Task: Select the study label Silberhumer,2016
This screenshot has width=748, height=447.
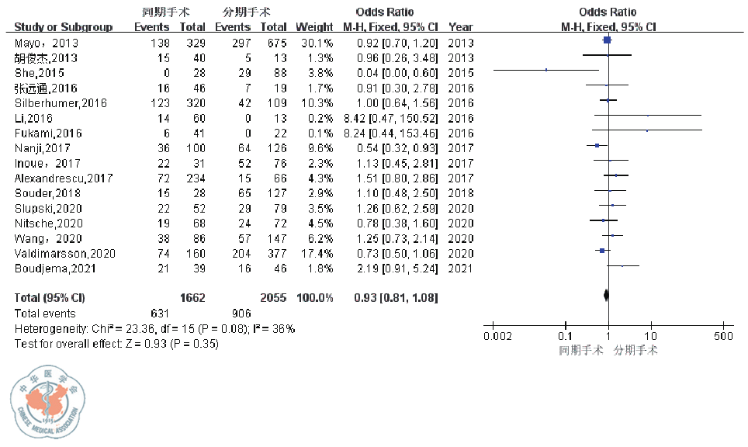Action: click(60, 103)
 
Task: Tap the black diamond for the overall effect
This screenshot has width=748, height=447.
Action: click(606, 295)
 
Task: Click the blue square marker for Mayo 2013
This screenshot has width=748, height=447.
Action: click(607, 41)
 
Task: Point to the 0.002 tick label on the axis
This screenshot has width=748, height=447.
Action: click(497, 335)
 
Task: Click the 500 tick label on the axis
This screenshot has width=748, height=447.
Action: click(722, 335)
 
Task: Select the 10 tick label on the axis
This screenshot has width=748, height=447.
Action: click(650, 335)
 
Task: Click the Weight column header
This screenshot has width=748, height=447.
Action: click(313, 27)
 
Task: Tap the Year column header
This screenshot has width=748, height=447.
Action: click(460, 27)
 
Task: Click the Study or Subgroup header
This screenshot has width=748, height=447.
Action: click(63, 27)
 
